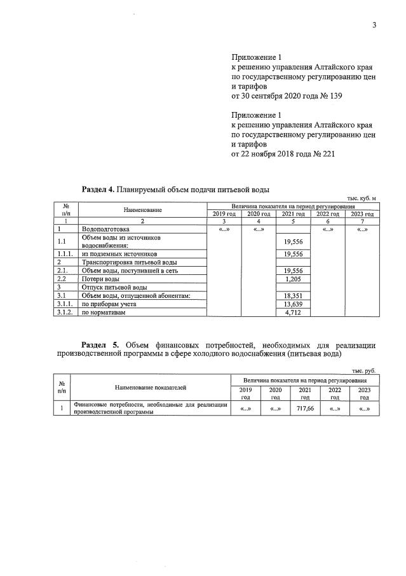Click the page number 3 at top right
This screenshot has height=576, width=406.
(x=374, y=25)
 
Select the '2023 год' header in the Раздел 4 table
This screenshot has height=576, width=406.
(x=362, y=214)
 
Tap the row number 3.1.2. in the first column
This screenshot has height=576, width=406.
(x=65, y=313)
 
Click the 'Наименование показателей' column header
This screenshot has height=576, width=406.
(x=151, y=387)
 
